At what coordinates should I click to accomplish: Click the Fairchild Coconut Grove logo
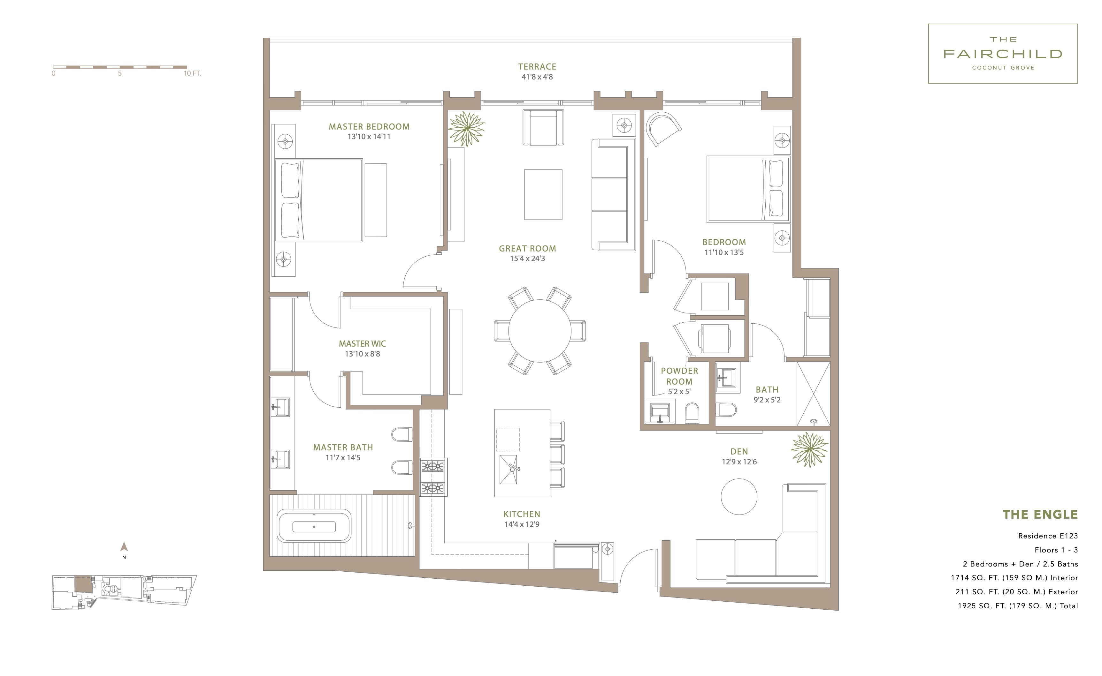tap(1003, 54)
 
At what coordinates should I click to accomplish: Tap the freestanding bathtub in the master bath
tap(314, 526)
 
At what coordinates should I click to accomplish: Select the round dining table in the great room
tap(540, 331)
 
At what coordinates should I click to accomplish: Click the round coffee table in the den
tap(739, 497)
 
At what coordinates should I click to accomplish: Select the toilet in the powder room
tap(692, 413)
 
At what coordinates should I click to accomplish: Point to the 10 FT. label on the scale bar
tap(192, 73)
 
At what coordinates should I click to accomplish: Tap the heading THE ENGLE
tap(1040, 515)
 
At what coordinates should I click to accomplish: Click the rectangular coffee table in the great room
tap(543, 194)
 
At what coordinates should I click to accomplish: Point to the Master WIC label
tap(363, 344)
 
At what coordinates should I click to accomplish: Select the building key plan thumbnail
tap(124, 592)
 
